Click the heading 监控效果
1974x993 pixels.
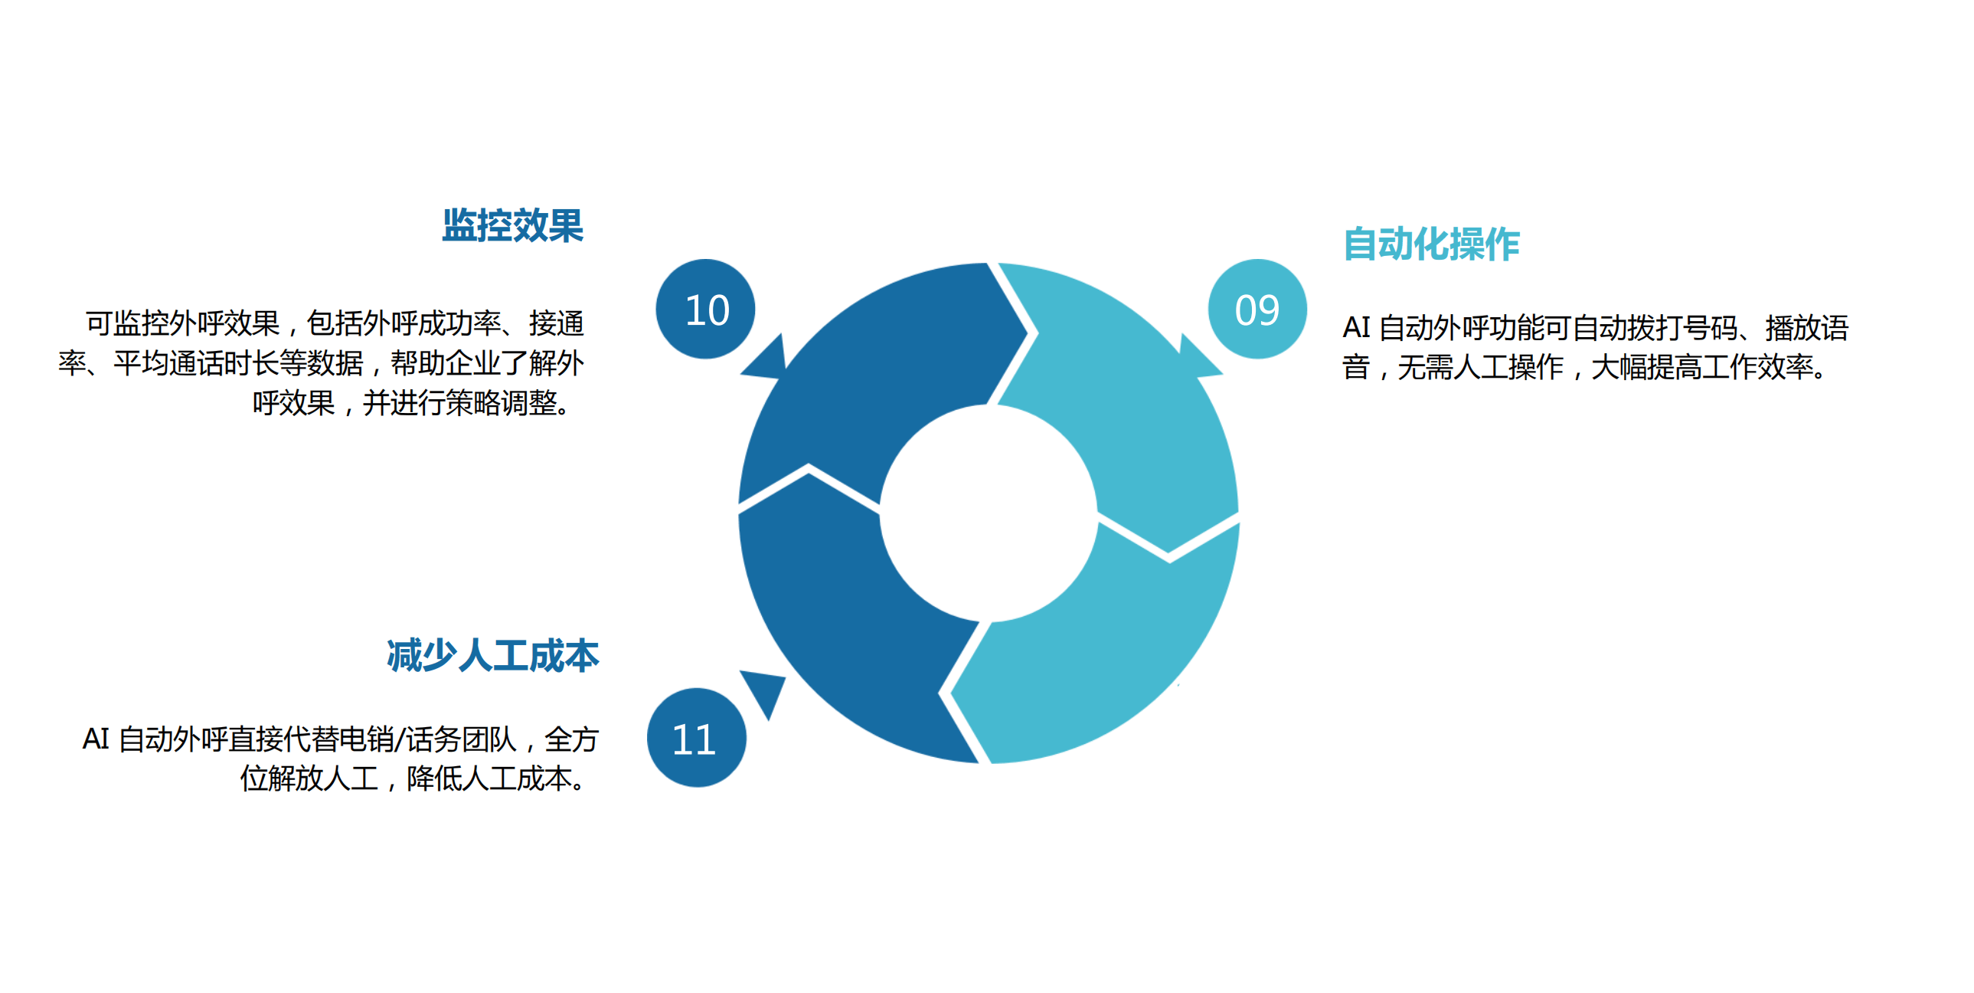click(513, 225)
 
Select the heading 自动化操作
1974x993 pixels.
click(1431, 244)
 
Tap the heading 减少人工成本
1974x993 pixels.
click(492, 656)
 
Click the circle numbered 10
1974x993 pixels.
click(706, 309)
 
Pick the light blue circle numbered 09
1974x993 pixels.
click(1257, 309)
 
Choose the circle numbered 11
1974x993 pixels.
click(697, 738)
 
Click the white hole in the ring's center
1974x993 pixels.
click(989, 513)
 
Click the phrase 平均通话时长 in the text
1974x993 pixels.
click(197, 363)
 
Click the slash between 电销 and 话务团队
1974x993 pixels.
click(400, 740)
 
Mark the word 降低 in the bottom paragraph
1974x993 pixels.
click(433, 779)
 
